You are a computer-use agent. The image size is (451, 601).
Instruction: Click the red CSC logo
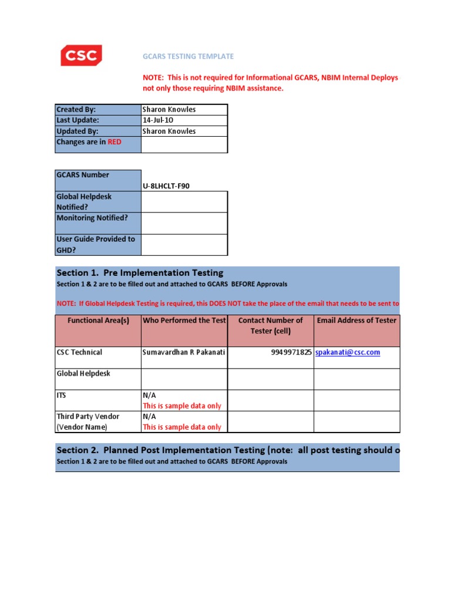click(81, 56)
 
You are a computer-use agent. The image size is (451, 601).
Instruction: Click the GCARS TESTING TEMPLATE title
click(189, 56)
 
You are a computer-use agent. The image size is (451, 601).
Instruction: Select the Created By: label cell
click(76, 110)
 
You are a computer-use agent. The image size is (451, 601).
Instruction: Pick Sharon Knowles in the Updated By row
click(169, 131)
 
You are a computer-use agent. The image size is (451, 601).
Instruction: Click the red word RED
click(115, 142)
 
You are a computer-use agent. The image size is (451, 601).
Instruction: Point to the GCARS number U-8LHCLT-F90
click(166, 186)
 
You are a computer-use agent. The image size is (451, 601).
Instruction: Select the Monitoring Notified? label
click(92, 218)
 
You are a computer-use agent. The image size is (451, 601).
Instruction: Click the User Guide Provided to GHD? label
click(95, 244)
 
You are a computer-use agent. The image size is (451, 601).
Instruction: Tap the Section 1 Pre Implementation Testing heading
click(140, 273)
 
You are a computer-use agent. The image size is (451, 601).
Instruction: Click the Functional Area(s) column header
click(98, 320)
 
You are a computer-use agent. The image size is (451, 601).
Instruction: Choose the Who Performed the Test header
click(184, 320)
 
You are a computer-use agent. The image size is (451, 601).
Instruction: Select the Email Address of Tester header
click(356, 320)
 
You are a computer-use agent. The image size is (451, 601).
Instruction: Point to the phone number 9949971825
click(288, 352)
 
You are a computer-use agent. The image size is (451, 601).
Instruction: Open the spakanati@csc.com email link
click(348, 352)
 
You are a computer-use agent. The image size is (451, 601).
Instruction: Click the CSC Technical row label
click(79, 352)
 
